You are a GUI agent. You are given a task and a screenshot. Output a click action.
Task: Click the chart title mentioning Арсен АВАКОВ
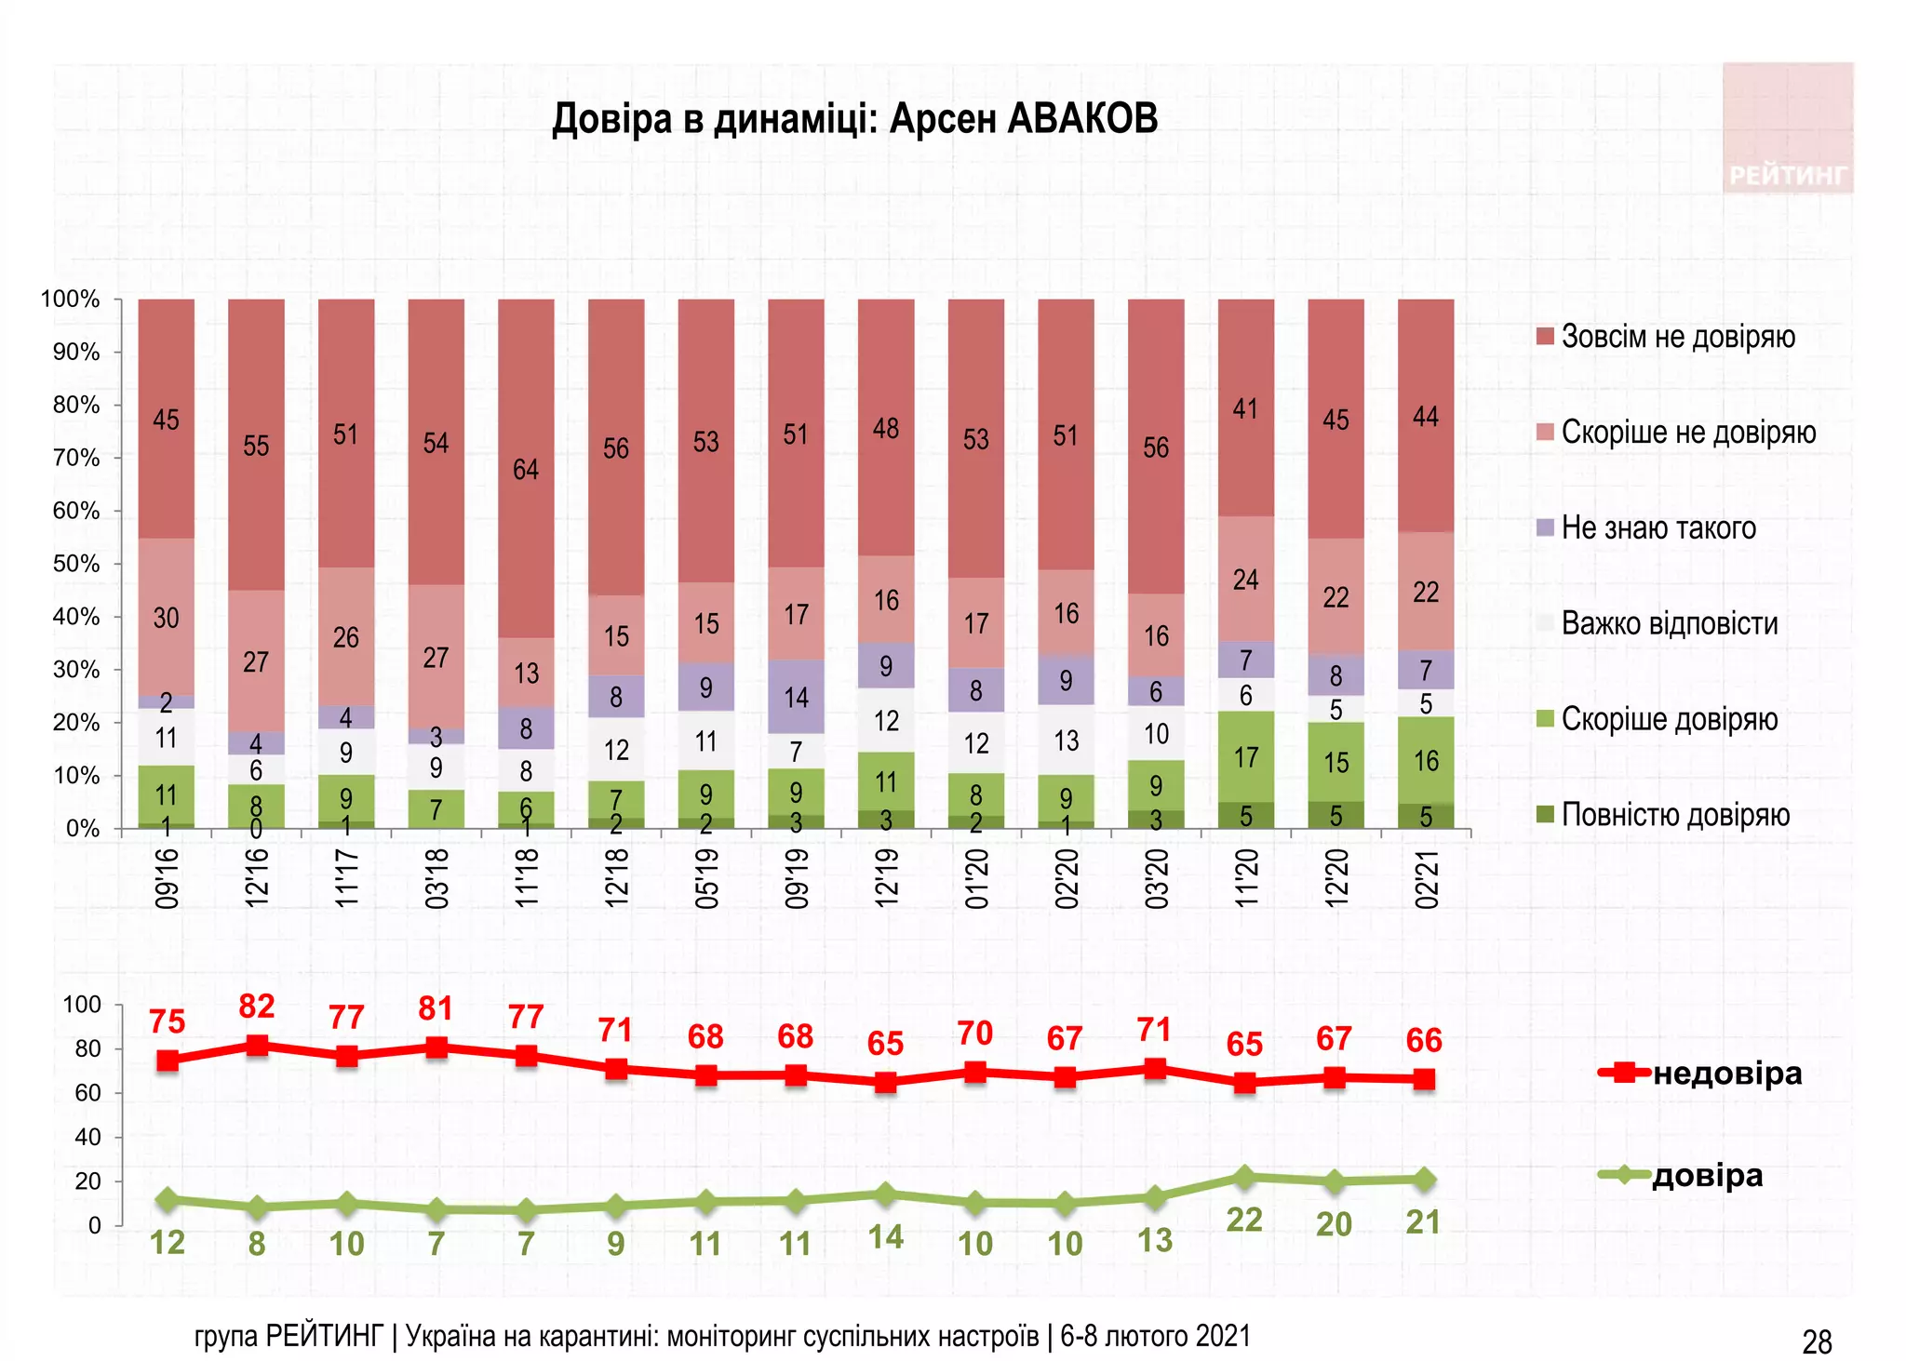(x=854, y=119)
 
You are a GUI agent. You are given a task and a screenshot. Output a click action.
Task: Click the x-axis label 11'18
(x=527, y=877)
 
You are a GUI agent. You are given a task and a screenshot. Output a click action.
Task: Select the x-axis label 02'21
(x=1427, y=877)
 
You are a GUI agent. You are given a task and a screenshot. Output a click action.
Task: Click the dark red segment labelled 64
(x=526, y=468)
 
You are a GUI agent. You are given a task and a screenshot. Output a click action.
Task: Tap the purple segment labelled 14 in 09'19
(x=796, y=697)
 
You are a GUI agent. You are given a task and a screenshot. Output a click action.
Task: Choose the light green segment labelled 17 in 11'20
(x=1245, y=757)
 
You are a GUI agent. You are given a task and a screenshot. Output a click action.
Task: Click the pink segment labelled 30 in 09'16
(x=166, y=617)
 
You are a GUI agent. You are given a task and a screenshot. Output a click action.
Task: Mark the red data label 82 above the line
(x=257, y=1007)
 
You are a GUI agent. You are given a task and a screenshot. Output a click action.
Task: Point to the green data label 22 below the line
(x=1244, y=1220)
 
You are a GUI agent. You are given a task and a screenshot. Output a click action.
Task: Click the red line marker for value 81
(x=436, y=1047)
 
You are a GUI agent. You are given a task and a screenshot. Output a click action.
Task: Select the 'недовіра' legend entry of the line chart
(x=1726, y=1074)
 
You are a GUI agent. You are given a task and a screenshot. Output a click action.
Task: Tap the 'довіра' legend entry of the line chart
(x=1706, y=1176)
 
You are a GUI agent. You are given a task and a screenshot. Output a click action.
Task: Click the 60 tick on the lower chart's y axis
(x=87, y=1093)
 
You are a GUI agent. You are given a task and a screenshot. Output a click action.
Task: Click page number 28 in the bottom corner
(x=1817, y=1342)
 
